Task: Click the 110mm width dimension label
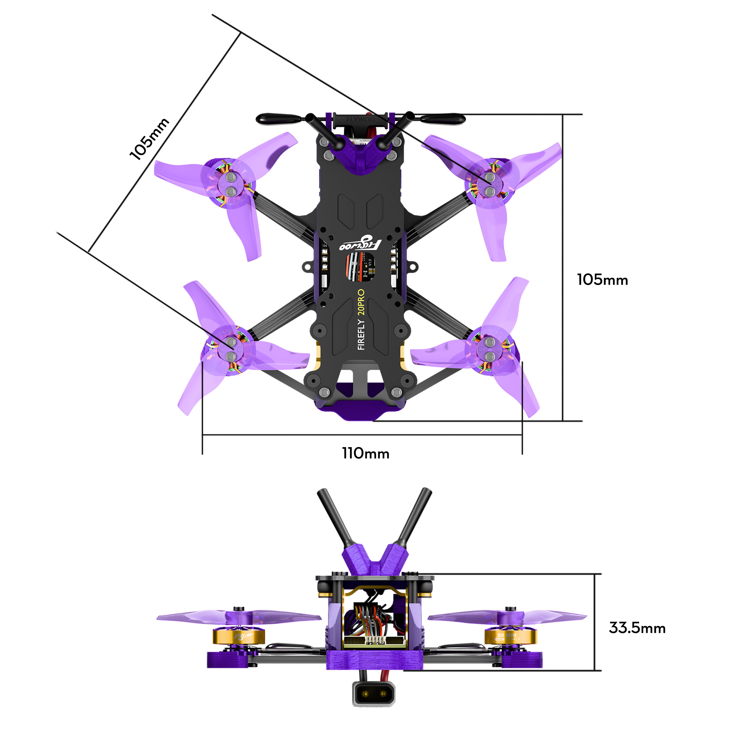(x=365, y=453)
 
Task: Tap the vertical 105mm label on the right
(x=602, y=280)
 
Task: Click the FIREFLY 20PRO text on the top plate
(x=361, y=319)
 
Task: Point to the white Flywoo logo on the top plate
(x=360, y=244)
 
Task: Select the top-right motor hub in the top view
(x=490, y=184)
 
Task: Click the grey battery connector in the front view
(x=373, y=693)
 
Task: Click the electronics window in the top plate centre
(x=360, y=267)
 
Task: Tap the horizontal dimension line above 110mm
(x=362, y=435)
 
